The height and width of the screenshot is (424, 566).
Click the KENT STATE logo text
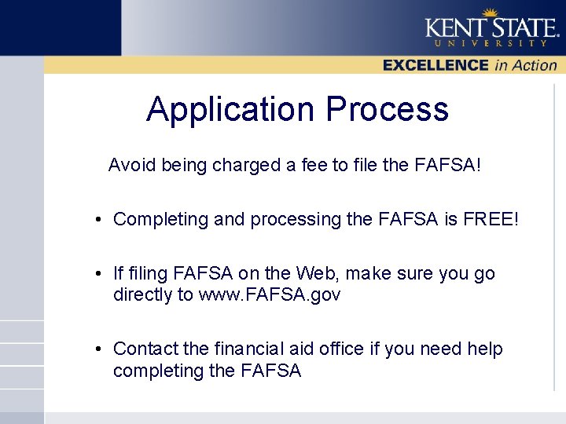[491, 27]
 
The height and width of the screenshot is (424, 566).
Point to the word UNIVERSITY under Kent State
[491, 44]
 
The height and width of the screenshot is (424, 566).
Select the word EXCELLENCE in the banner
[436, 66]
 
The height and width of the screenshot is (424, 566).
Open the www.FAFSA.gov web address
[270, 295]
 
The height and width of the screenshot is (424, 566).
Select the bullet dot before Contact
[96, 349]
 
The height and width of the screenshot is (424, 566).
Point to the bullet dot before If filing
[96, 275]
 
